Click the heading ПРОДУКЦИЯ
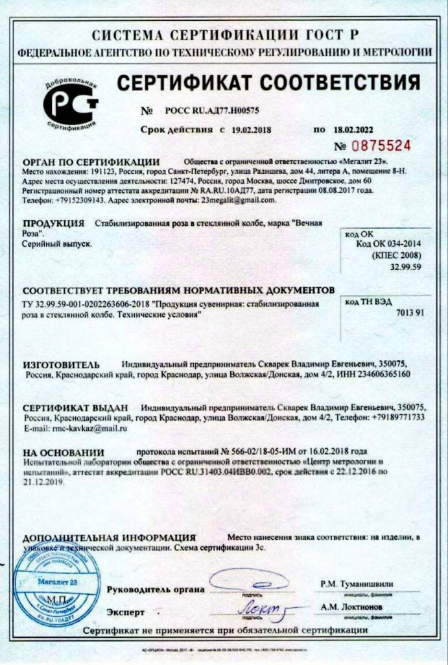click(54, 223)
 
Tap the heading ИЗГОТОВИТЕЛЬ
click(62, 364)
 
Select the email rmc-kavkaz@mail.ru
click(85, 429)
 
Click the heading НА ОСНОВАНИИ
click(64, 451)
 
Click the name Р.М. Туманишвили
click(356, 584)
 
